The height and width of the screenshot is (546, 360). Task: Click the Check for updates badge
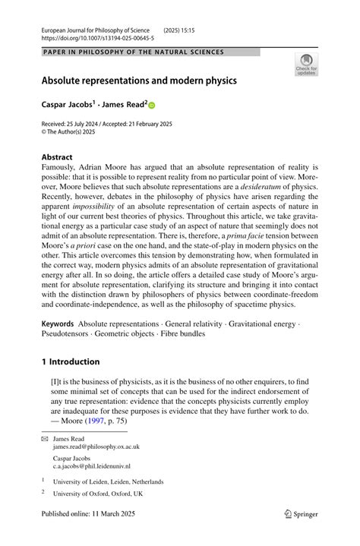[306, 64]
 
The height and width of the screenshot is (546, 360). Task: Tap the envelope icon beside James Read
[44, 439]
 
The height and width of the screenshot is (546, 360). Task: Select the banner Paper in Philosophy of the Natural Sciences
[134, 52]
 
